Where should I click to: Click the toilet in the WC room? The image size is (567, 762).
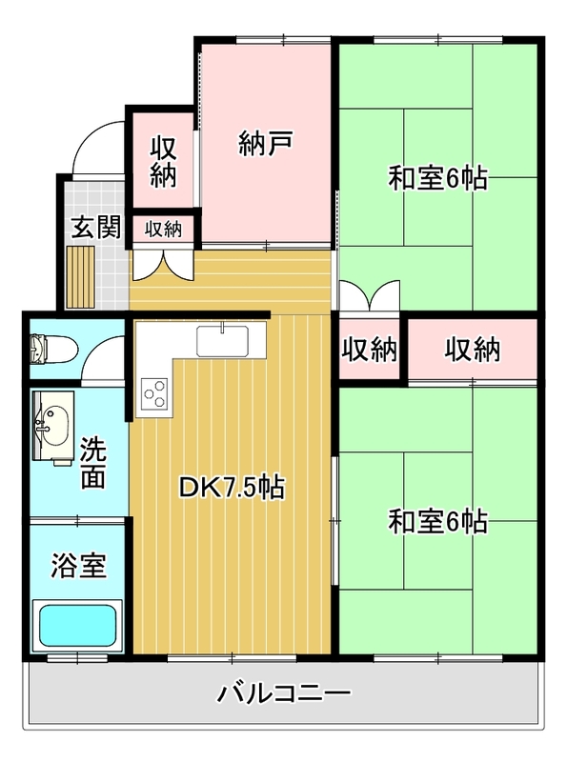(x=53, y=349)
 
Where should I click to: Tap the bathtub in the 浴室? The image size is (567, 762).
(x=78, y=626)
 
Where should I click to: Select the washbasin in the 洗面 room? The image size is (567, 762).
(x=53, y=426)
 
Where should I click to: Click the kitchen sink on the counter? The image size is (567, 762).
(x=222, y=341)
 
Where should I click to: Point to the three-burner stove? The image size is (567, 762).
(x=154, y=393)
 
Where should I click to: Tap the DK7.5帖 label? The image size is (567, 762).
(x=232, y=488)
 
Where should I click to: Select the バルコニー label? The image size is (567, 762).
(x=284, y=693)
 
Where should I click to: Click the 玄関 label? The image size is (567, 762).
(x=96, y=227)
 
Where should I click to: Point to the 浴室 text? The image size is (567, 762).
(x=79, y=566)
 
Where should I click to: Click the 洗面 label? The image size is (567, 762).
(x=92, y=462)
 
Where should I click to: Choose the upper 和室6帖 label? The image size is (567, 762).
(x=437, y=178)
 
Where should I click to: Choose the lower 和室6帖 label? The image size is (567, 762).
(x=437, y=521)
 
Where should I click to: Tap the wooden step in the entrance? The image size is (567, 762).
(x=80, y=277)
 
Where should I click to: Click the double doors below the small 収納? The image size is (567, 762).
(x=163, y=265)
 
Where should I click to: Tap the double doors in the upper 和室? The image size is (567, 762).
(x=370, y=295)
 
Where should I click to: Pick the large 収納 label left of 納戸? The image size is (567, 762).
(x=163, y=162)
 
